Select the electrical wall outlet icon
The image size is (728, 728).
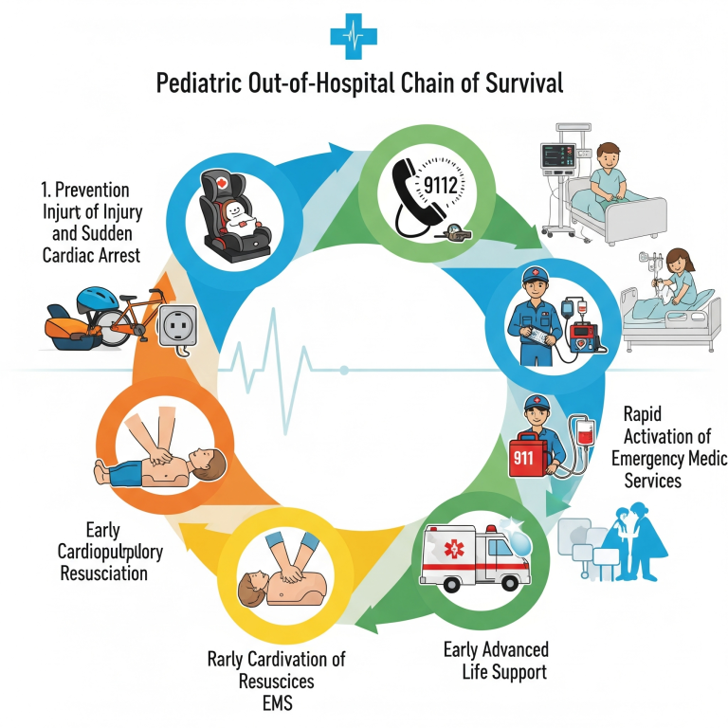coord(179,328)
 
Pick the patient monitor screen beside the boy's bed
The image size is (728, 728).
coord(556,156)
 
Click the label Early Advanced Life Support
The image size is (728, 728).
coord(496,661)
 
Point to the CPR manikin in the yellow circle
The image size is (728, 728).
coord(283,580)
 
